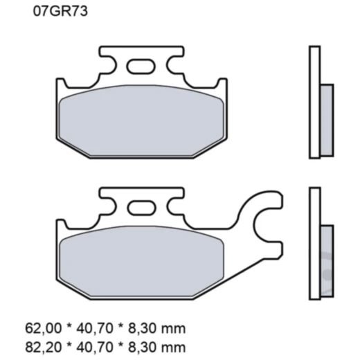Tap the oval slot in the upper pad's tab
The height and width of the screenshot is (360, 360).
(141, 66)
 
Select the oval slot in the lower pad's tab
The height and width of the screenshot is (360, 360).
(141, 206)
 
